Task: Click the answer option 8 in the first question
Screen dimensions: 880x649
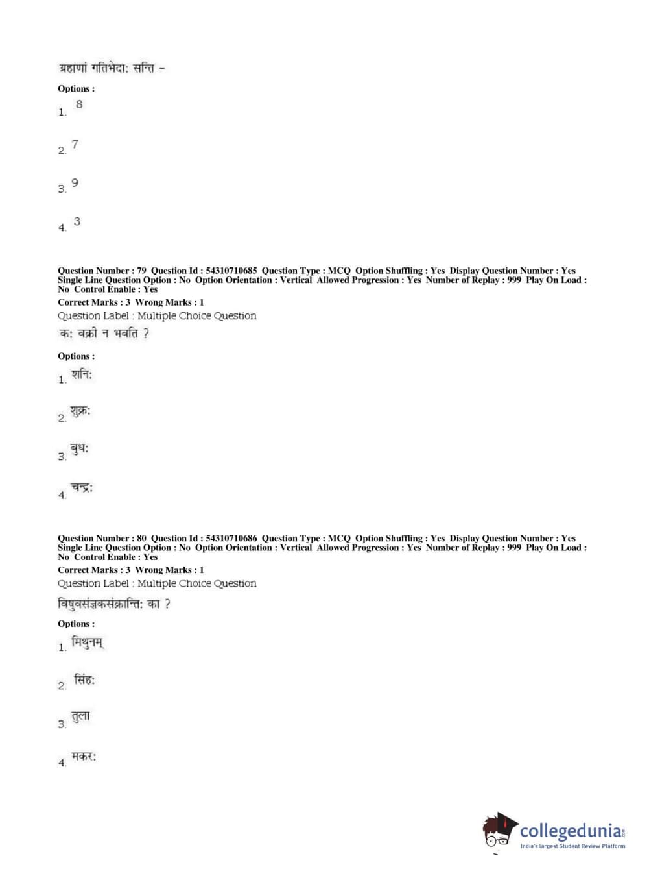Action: click(79, 104)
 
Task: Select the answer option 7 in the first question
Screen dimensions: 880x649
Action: click(75, 144)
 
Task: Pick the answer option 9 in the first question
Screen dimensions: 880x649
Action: click(75, 183)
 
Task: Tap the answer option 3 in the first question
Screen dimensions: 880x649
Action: click(77, 222)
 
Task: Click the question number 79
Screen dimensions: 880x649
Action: click(141, 271)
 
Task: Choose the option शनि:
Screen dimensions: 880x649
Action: click(82, 374)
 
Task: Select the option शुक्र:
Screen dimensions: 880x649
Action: click(80, 411)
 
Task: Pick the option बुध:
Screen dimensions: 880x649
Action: click(80, 449)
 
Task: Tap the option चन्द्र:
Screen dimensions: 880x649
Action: click(82, 487)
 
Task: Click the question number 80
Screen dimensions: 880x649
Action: click(141, 538)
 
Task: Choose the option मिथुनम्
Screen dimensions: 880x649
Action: click(88, 643)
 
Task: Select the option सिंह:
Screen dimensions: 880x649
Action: click(84, 681)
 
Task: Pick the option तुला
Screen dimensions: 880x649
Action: click(81, 716)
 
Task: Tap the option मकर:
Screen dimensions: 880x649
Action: click(84, 757)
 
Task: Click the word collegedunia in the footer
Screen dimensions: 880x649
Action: click(571, 831)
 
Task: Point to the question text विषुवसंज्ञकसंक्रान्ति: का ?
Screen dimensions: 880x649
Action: click(114, 604)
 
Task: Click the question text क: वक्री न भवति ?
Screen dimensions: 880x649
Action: click(104, 334)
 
